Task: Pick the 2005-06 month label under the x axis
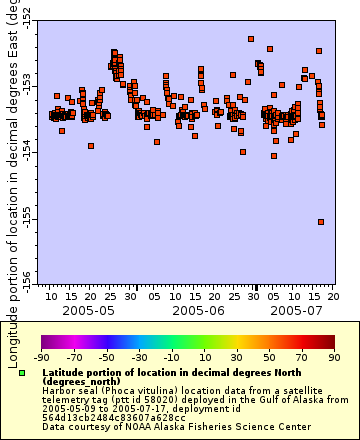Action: pos(193,311)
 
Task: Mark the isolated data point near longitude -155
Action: pos(321,222)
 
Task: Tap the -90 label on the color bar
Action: pos(41,356)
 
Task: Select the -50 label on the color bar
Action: pos(106,356)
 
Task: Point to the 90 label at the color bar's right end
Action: pos(334,356)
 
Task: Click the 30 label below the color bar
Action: pos(237,356)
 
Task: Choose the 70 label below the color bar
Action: pos(301,356)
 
